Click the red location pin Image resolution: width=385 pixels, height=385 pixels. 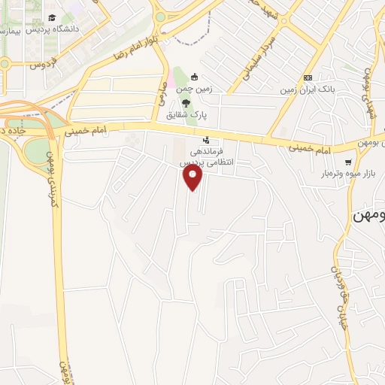193,177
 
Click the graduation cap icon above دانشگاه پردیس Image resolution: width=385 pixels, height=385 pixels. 51,17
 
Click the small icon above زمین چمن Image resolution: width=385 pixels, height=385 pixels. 193,77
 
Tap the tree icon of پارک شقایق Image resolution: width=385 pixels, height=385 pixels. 185,104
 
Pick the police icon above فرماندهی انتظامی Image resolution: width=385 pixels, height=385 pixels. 206,140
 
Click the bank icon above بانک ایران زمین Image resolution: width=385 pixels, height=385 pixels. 307,78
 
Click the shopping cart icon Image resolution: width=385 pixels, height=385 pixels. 347,162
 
